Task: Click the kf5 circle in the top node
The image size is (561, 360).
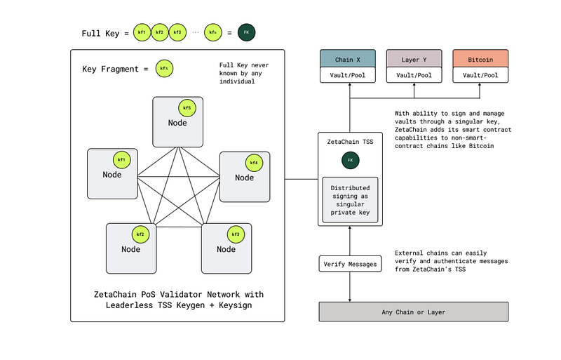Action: click(187, 108)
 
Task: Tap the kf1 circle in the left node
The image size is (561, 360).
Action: click(121, 161)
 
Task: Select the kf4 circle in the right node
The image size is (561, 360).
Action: click(253, 164)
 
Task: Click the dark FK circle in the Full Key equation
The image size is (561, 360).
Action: click(246, 32)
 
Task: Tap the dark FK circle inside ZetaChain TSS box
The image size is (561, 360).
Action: click(350, 161)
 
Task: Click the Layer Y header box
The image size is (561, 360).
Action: click(413, 60)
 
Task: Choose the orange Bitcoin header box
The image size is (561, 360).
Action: click(480, 60)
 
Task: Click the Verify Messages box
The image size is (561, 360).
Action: click(350, 265)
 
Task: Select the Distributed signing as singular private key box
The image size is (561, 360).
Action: click(350, 199)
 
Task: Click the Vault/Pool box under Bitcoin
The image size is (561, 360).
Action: click(480, 75)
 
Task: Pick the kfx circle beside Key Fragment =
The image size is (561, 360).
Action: click(163, 69)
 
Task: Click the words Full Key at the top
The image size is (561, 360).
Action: click(100, 33)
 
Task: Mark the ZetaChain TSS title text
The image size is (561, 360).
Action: click(350, 142)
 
